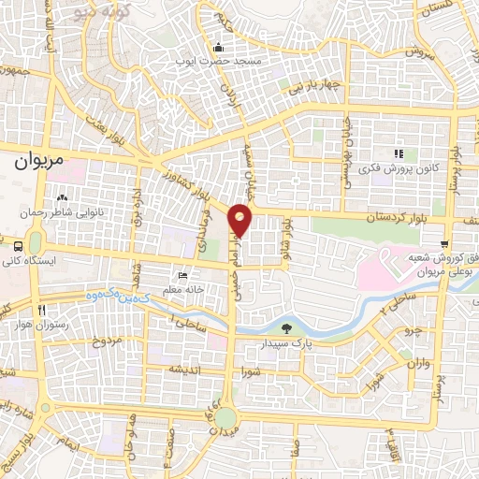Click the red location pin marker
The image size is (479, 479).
tap(240, 219)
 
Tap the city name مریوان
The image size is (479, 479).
tap(42, 161)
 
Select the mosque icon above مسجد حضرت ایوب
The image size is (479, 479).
tap(219, 48)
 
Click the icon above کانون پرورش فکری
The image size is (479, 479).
tap(398, 152)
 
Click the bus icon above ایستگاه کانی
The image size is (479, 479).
tap(20, 245)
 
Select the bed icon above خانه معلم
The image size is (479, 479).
tap(183, 275)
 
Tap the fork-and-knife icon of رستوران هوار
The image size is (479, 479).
tap(40, 310)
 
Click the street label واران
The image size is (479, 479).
tap(420, 361)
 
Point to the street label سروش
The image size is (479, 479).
tap(421, 56)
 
